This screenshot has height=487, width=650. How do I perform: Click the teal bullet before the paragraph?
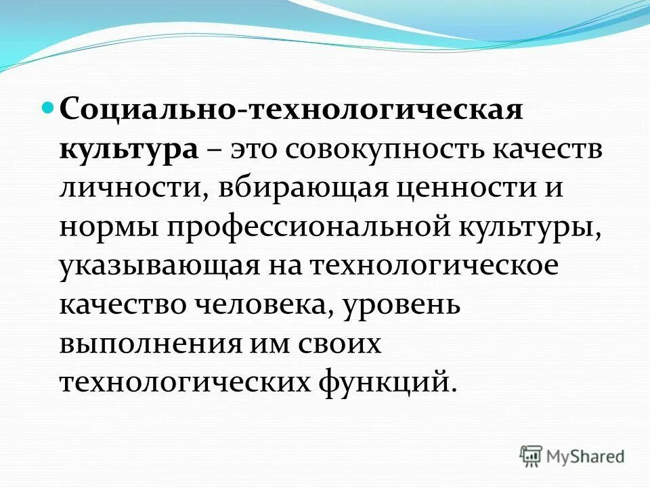click(47, 107)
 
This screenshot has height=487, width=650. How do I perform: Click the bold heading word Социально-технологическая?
click(292, 108)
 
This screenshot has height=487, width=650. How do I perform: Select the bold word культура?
click(129, 147)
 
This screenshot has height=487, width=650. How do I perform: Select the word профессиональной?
click(305, 225)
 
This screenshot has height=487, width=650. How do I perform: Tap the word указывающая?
click(161, 264)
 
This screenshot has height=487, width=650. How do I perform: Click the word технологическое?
click(435, 264)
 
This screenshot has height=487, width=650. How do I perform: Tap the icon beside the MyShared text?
click(532, 456)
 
